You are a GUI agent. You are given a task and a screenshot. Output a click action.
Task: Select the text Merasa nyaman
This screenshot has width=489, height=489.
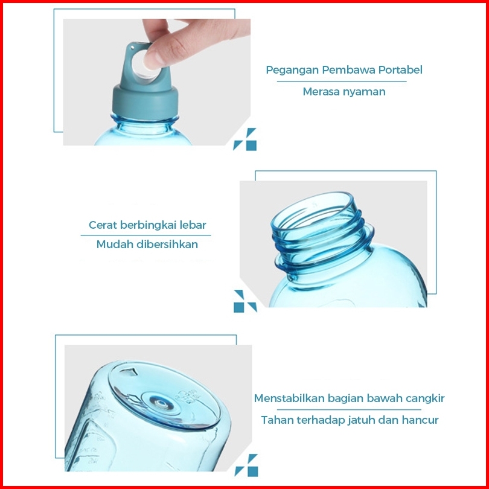click(x=344, y=92)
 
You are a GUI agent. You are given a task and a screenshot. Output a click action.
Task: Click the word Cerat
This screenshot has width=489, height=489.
click(x=102, y=225)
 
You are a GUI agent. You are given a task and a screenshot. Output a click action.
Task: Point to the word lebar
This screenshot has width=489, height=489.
click(x=193, y=225)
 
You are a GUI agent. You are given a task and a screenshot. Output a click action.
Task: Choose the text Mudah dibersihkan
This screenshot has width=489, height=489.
click(x=147, y=244)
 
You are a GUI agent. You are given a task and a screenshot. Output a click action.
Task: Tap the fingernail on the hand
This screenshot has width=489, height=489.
click(x=150, y=60)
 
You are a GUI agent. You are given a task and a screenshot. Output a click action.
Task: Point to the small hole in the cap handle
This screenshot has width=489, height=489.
click(x=132, y=48)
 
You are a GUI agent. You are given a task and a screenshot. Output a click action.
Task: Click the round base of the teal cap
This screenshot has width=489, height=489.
click(x=145, y=101)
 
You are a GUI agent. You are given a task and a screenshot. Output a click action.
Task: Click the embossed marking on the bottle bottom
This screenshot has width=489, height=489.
click(x=187, y=397)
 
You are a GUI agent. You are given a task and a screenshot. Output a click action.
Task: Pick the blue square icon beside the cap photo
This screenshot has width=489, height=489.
click(x=251, y=145)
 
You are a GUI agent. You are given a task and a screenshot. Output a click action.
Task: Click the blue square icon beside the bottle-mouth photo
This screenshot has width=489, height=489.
click(x=239, y=307)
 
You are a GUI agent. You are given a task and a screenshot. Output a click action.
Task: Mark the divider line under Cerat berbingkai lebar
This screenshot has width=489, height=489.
click(x=145, y=235)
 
